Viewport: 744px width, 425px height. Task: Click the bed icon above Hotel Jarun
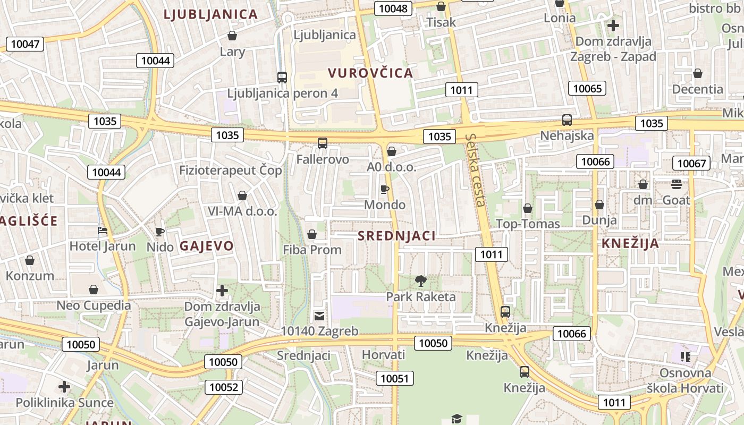(x=103, y=231)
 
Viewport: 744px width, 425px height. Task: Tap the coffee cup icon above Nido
(x=159, y=232)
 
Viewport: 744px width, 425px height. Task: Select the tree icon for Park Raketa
(x=421, y=280)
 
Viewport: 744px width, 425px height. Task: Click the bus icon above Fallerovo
(x=323, y=143)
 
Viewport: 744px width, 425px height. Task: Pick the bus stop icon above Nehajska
(x=567, y=120)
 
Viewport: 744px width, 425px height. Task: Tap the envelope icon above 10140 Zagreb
(x=319, y=316)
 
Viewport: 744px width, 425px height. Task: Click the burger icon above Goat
(x=677, y=184)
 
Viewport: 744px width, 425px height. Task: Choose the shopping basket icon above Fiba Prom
(x=312, y=234)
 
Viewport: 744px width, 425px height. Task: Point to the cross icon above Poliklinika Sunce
(x=64, y=387)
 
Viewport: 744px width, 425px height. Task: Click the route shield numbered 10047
(x=25, y=44)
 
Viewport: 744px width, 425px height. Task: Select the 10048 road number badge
(x=394, y=8)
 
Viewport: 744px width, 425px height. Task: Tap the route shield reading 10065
(x=587, y=88)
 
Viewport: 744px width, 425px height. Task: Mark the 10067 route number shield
(x=691, y=163)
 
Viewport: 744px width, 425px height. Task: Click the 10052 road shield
(x=224, y=387)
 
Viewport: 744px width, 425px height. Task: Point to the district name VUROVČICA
(x=370, y=73)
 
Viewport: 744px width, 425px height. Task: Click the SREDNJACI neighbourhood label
(x=396, y=236)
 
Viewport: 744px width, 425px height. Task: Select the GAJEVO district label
(x=206, y=246)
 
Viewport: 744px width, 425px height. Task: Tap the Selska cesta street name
(x=476, y=170)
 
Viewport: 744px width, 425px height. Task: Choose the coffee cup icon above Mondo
(x=385, y=189)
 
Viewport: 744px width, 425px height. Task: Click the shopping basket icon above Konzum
(x=30, y=260)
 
